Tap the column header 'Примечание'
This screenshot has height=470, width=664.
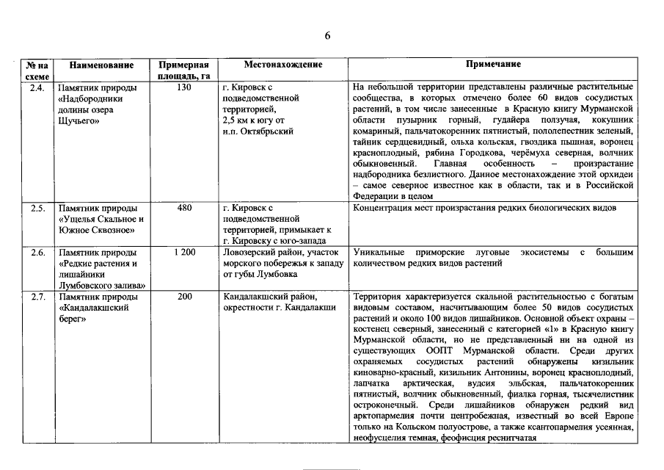[493, 65]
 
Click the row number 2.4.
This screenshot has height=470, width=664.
[38, 87]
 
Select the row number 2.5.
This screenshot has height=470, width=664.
[38, 208]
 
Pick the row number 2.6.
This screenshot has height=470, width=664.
[38, 252]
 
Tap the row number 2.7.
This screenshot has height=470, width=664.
[38, 296]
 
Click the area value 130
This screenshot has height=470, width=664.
[184, 87]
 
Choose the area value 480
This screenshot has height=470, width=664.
[184, 208]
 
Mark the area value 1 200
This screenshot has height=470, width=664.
[184, 252]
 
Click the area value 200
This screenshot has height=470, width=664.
[184, 296]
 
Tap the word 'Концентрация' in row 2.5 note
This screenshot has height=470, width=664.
[384, 208]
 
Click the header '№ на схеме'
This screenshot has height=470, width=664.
[38, 70]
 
